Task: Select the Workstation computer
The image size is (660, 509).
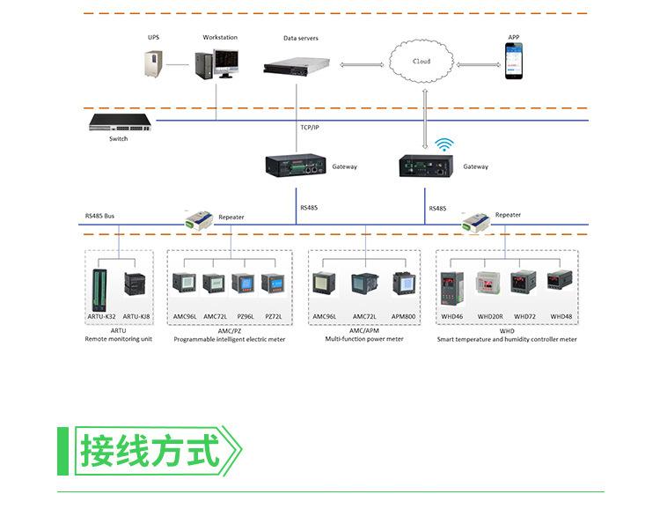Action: tap(216, 66)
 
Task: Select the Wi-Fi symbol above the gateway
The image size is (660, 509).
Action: tap(445, 144)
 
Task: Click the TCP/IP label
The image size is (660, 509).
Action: tap(310, 128)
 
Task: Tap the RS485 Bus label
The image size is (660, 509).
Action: tap(99, 216)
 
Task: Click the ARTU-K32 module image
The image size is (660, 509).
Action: tap(101, 286)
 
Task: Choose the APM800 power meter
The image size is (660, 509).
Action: tap(403, 284)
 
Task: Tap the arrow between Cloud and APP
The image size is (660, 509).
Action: tap(478, 64)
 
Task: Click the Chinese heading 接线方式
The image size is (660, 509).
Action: tap(150, 451)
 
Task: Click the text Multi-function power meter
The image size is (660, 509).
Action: tap(364, 339)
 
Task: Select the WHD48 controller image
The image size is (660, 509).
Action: tap(560, 282)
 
